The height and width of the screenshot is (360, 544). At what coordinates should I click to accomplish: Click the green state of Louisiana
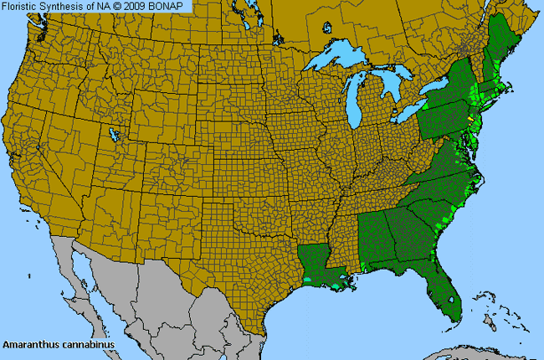[x=316, y=262]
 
